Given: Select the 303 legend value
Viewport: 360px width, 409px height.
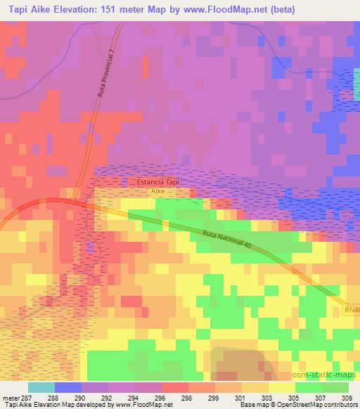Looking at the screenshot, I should pos(269,398).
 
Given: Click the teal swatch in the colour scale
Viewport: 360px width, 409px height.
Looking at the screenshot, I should pos(41,387).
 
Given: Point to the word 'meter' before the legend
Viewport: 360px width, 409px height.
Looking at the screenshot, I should pos(11,398).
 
